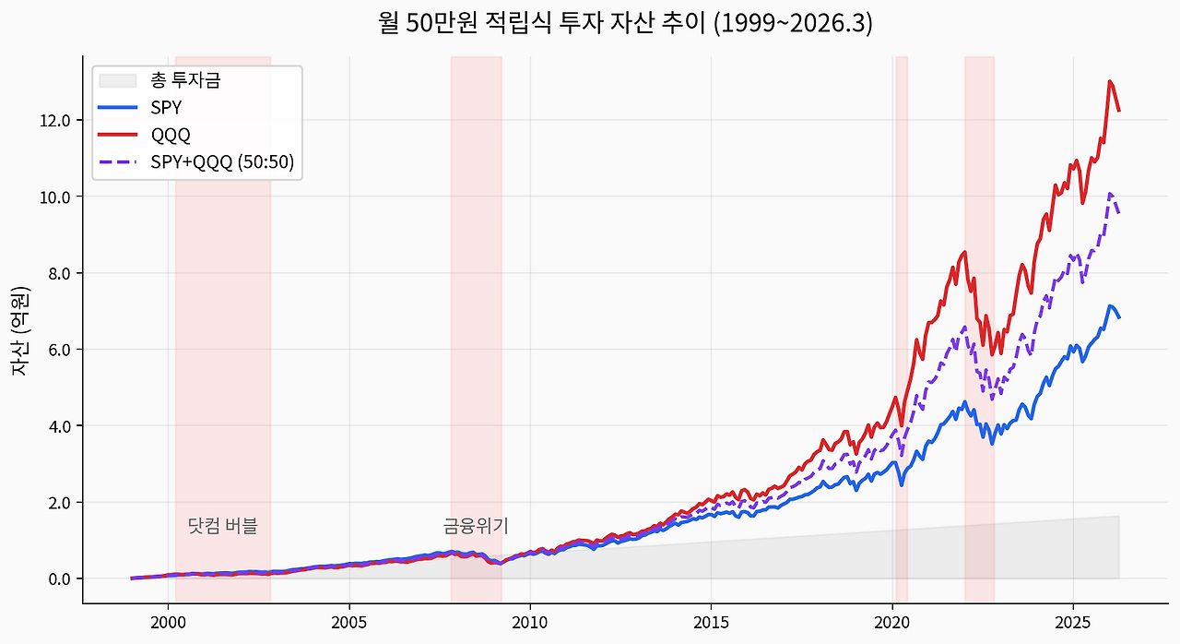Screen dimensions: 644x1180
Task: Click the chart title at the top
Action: click(x=625, y=23)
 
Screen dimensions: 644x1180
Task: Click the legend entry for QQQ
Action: click(x=171, y=135)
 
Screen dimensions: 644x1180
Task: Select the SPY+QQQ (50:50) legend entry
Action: click(x=221, y=162)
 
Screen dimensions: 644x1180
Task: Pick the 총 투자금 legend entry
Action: click(x=185, y=80)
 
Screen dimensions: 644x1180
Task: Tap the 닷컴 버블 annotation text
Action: click(x=222, y=526)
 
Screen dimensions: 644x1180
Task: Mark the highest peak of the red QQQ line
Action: click(x=1110, y=81)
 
